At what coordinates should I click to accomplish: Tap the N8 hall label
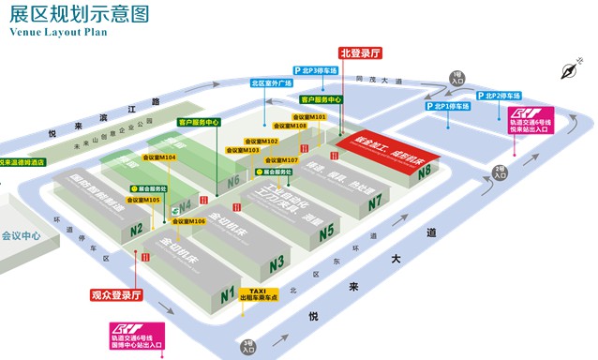pos(425,172)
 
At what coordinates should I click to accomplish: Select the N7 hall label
pos(376,202)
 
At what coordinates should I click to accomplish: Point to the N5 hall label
pos(326,232)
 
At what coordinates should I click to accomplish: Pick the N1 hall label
pos(227,296)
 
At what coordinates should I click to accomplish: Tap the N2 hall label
pos(137,229)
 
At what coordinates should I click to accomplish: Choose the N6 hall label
pos(233,179)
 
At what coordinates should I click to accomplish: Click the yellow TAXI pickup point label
pos(260,295)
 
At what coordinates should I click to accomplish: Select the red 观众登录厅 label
pos(115,294)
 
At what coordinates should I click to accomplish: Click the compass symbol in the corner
pos(567,69)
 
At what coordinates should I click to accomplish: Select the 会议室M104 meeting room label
pos(158,157)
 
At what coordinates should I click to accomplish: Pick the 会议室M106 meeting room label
pos(187,221)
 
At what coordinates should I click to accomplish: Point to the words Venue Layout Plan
pos(58,31)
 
